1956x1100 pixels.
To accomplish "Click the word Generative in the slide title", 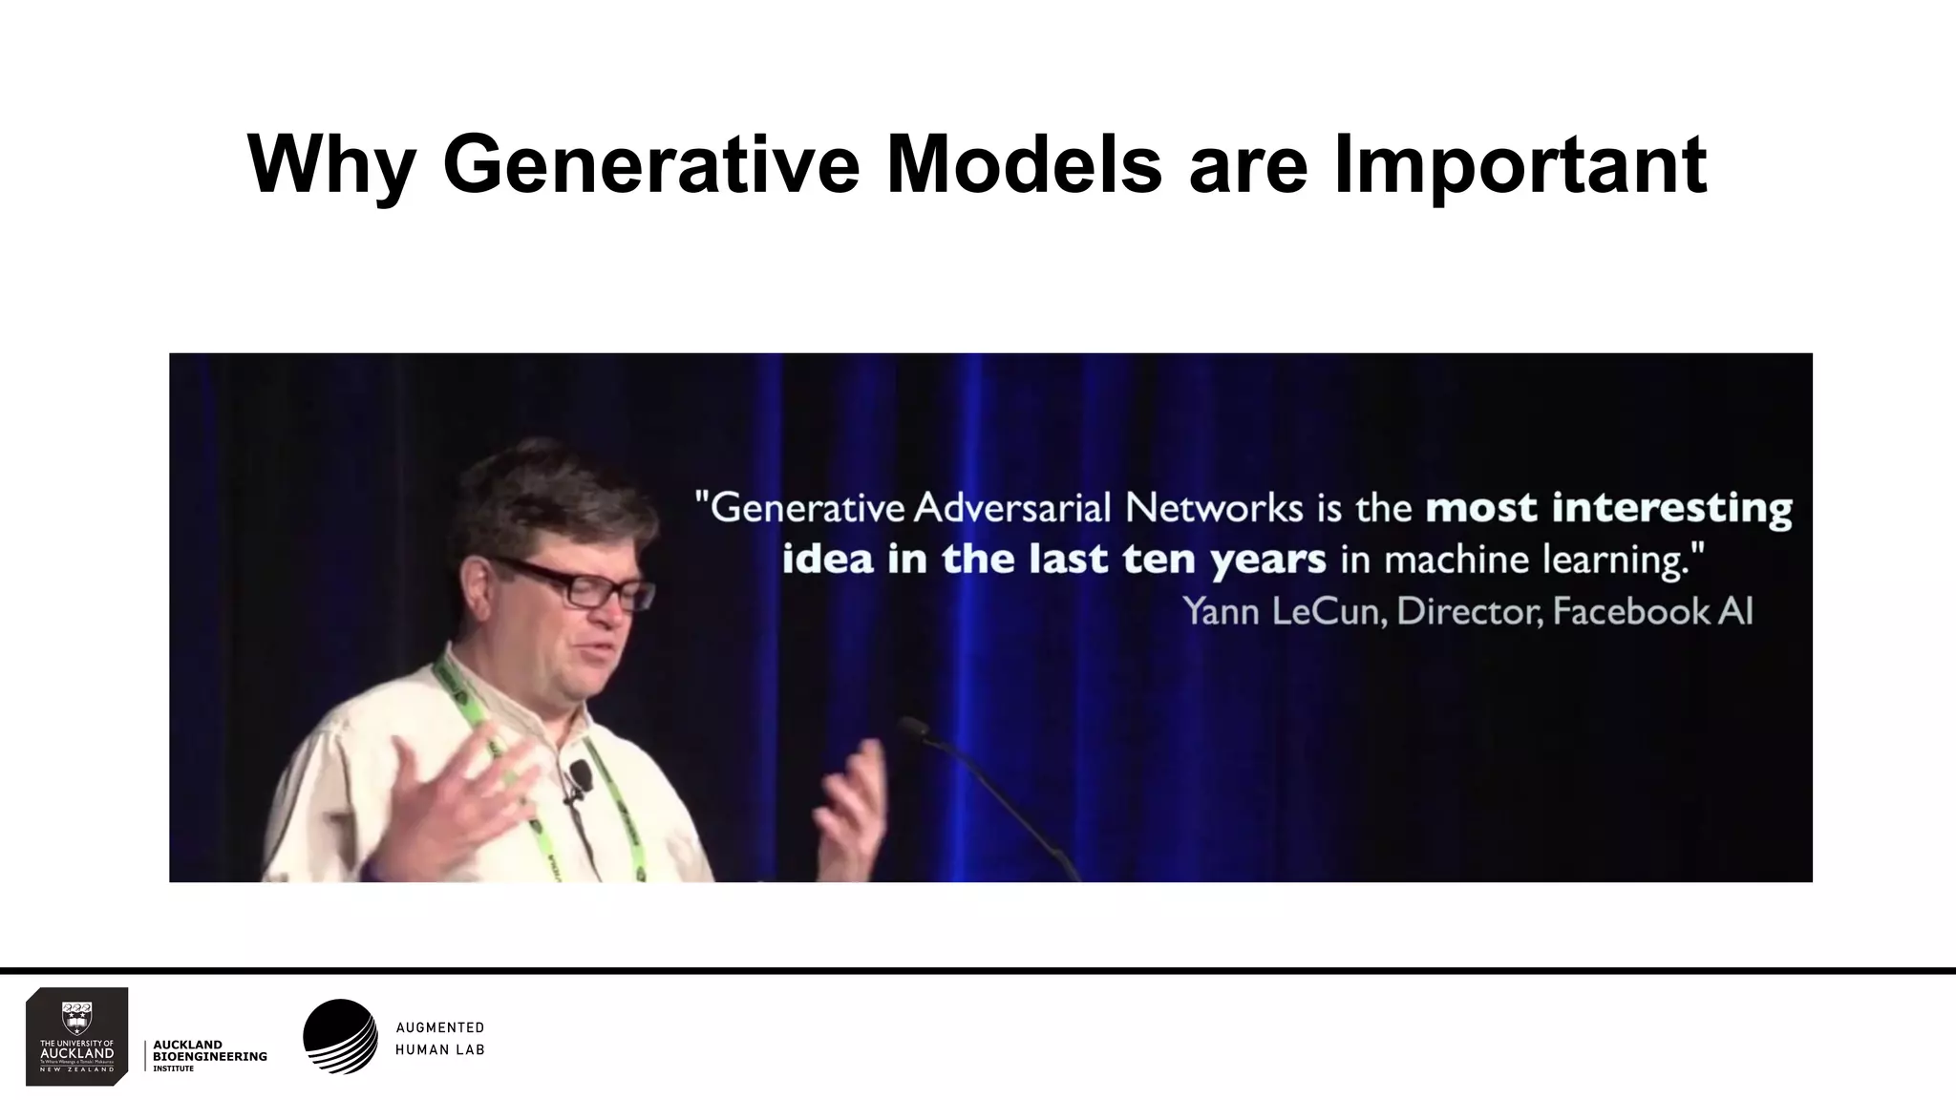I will click(650, 164).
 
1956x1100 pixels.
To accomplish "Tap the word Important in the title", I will click(1520, 164).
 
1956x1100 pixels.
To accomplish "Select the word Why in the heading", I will click(330, 164).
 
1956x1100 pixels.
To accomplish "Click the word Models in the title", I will click(1024, 164).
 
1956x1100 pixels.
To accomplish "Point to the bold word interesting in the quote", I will click(1671, 508).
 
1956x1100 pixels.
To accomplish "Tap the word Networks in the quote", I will click(1213, 508).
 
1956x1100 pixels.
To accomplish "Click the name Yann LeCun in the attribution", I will click(1283, 611).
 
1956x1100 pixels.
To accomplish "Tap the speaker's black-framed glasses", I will click(583, 583).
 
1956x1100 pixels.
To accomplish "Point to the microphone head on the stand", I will click(912, 729).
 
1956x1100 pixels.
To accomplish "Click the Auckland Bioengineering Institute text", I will click(209, 1056).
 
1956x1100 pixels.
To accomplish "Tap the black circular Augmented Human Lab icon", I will click(340, 1037).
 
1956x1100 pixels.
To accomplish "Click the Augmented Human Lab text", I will click(440, 1038).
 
